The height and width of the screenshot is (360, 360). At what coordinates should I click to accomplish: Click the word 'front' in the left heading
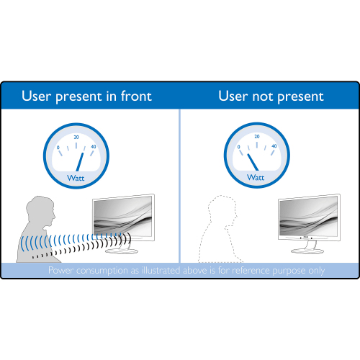coord(136,96)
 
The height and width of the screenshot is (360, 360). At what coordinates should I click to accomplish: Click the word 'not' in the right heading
coord(263,96)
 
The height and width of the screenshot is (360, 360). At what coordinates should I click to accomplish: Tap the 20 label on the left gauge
coord(76,137)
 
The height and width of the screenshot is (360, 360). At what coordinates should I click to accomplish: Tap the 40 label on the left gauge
coord(94,147)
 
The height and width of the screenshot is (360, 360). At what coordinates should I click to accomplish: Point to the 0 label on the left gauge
coord(58,148)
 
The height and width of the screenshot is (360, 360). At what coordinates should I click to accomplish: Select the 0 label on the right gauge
coord(238,147)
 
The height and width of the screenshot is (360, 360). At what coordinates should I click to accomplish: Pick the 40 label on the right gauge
coord(274,146)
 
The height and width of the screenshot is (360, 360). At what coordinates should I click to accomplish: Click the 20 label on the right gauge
coord(257,136)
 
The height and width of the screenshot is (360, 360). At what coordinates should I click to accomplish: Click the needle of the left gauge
coord(80,162)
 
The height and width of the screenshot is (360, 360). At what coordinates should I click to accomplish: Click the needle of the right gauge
coord(253,162)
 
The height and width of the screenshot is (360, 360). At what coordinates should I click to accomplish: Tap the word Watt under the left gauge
coord(76,178)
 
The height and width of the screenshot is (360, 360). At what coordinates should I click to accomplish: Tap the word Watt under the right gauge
coord(256,177)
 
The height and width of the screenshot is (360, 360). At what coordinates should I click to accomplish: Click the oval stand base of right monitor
coord(307,251)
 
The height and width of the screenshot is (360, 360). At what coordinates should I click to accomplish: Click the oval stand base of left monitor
coord(122,251)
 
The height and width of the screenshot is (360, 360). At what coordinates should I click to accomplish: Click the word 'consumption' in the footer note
coord(102,271)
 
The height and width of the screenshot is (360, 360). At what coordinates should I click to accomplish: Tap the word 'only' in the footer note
coord(317,271)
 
